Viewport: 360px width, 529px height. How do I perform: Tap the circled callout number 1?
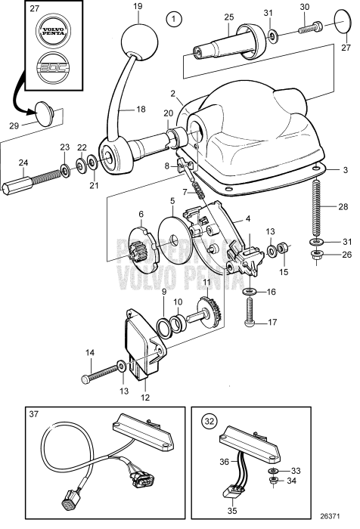[175, 17]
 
